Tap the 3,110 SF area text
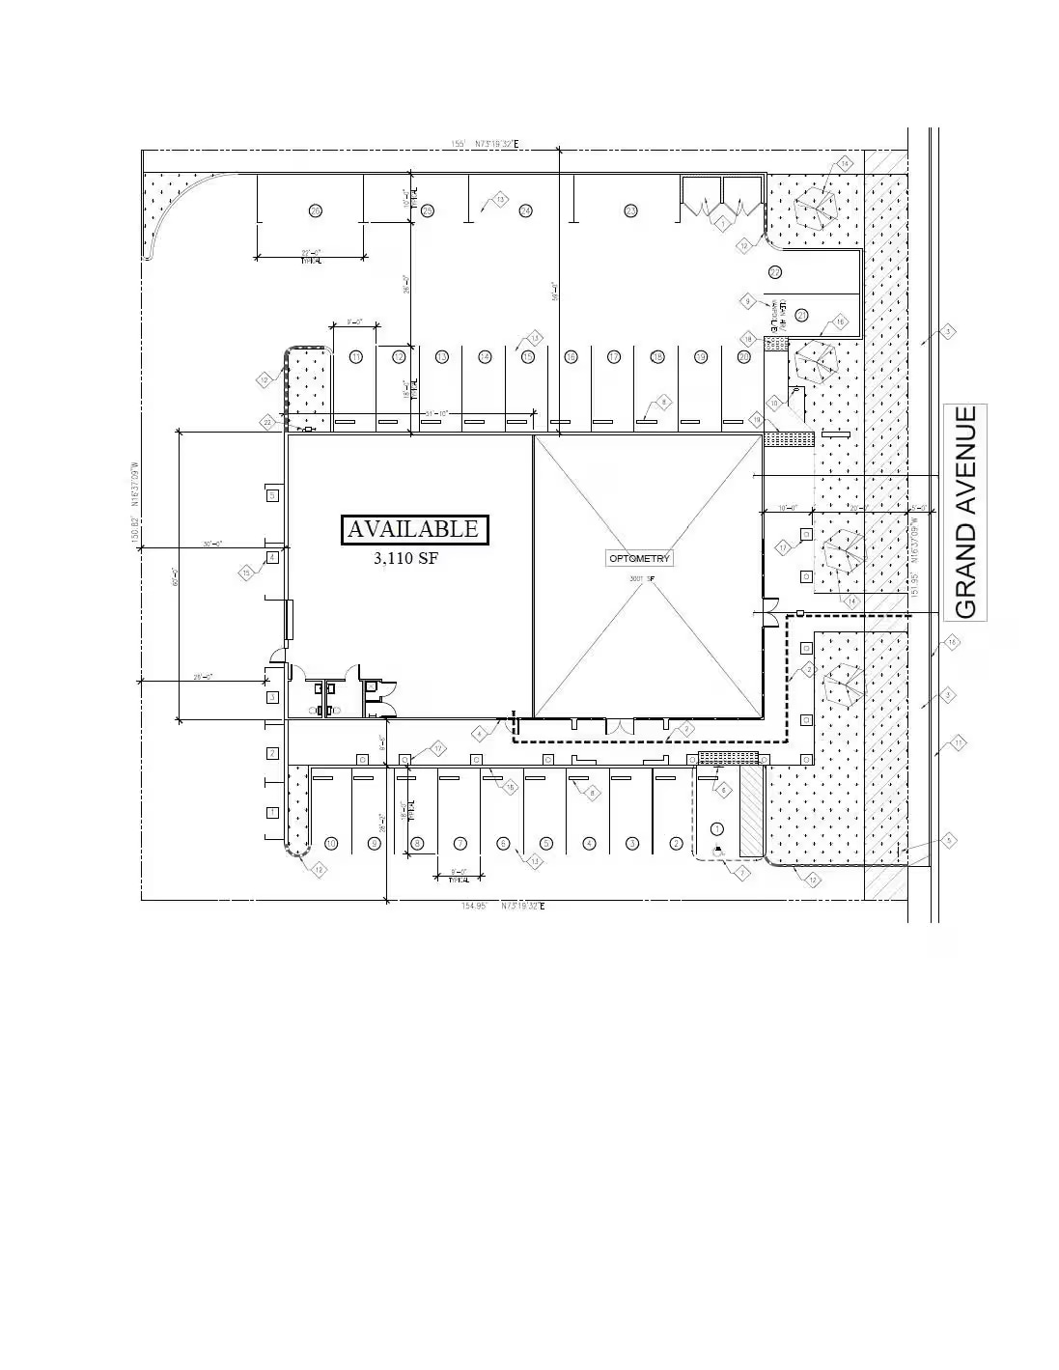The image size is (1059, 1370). (405, 557)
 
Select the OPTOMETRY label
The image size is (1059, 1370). (639, 559)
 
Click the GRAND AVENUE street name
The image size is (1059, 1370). (965, 512)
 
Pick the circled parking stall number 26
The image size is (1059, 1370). (315, 210)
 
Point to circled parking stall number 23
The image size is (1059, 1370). (630, 210)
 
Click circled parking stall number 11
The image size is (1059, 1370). (356, 357)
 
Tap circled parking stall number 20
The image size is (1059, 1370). (743, 357)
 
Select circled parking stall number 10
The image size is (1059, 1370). (331, 844)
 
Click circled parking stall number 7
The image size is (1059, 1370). (460, 844)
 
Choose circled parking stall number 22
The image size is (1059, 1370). (774, 272)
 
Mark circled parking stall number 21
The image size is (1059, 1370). (801, 315)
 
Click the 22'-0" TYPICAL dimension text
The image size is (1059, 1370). (311, 256)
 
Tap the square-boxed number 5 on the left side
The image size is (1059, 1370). (272, 495)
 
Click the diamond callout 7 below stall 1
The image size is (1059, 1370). (741, 873)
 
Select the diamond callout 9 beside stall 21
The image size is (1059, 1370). (748, 301)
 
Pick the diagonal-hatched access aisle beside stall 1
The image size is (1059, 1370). (751, 812)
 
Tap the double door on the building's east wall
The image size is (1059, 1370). (769, 612)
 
